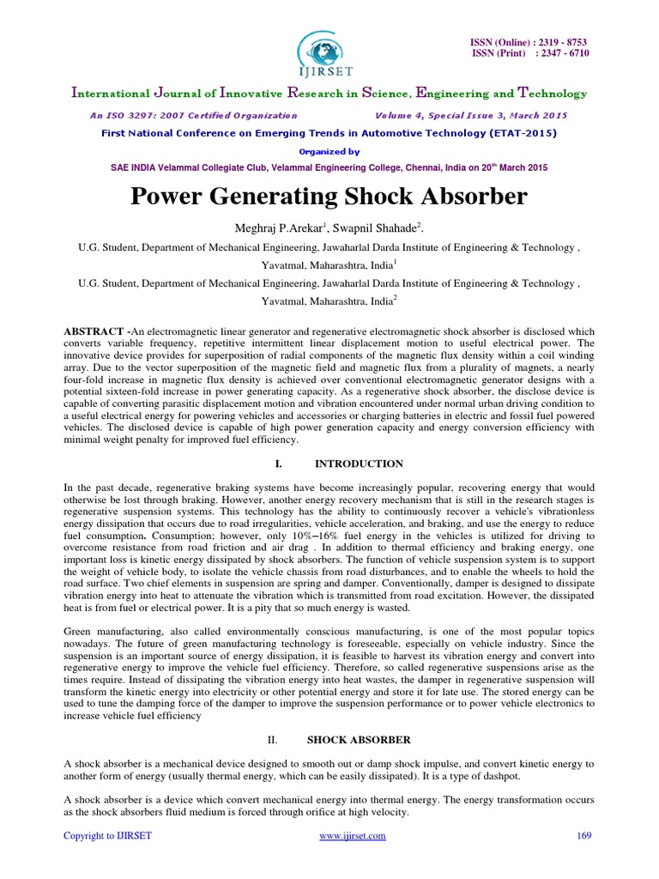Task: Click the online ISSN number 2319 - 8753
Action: click(561, 42)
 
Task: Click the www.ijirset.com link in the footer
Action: click(352, 836)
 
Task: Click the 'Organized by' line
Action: click(329, 150)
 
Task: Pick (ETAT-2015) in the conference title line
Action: click(519, 133)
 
